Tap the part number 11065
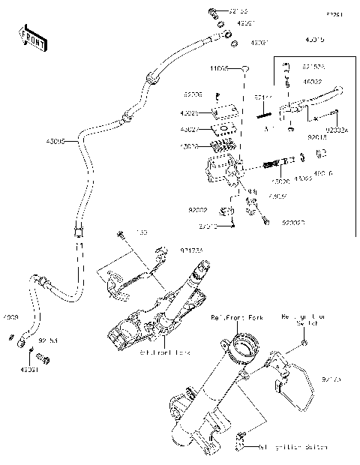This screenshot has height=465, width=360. (x=218, y=68)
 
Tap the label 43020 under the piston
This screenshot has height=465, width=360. (x=280, y=181)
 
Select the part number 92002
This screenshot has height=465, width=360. (x=197, y=213)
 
